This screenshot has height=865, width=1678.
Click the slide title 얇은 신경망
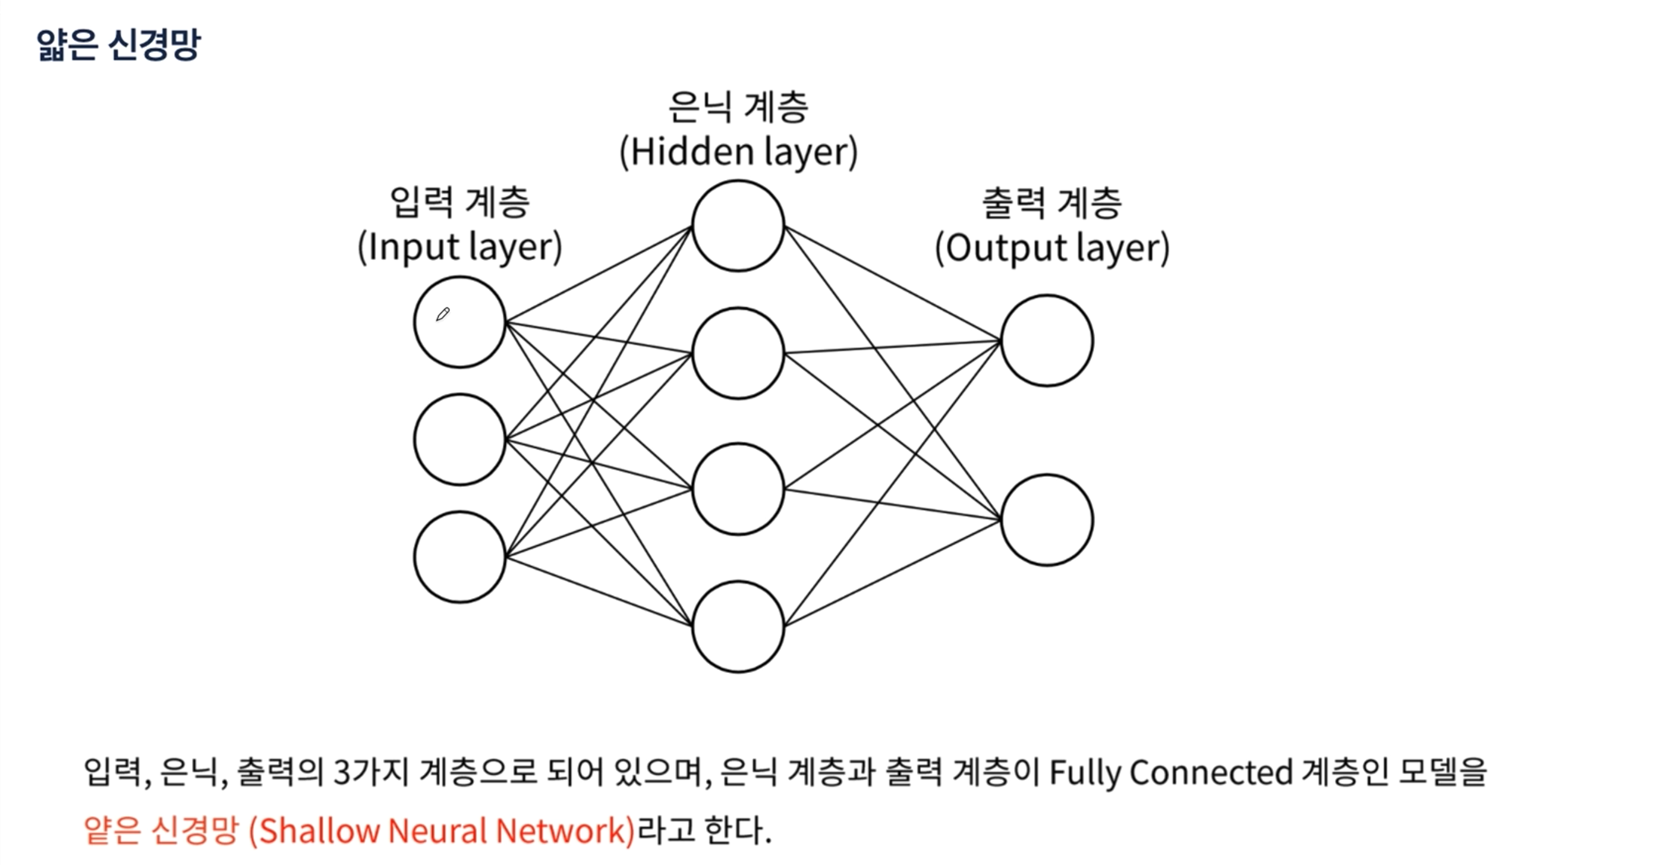[x=118, y=45]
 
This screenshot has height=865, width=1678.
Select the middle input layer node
[x=460, y=440]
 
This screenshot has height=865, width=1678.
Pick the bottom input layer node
[x=460, y=557]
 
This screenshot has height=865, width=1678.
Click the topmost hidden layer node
[x=738, y=225]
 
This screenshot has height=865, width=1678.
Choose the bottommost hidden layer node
[x=738, y=627]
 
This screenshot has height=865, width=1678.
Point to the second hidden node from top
[x=738, y=353]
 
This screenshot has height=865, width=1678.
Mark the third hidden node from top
[x=738, y=489]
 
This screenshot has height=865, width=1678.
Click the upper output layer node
[x=1047, y=340]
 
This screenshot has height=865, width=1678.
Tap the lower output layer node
[x=1047, y=520]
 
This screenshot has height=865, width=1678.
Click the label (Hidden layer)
[x=738, y=152]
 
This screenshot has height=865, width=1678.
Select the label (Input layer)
[x=460, y=247]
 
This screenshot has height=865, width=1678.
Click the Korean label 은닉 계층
[x=738, y=108]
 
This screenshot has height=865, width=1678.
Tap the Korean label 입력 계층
[x=460, y=202]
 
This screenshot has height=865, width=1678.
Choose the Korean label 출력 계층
[x=1052, y=203]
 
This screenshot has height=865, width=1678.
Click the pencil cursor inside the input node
[x=443, y=314]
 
